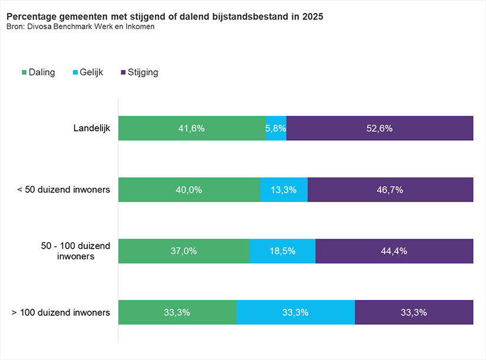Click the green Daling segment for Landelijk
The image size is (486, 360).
191,128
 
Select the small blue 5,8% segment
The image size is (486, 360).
276,128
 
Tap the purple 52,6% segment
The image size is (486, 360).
379,128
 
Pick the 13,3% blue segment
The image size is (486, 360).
283,190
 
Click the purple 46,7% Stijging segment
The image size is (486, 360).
390,190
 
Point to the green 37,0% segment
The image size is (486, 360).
184,251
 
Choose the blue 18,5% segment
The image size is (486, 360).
282,251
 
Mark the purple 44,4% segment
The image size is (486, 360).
394,251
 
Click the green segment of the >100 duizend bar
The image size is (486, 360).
177,312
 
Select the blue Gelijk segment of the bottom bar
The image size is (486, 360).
296,312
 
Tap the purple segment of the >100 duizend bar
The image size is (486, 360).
414,312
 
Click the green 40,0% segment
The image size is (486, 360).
189,190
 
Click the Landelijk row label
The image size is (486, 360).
91,128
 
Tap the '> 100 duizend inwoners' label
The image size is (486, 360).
61,312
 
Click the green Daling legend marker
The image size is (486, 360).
24,72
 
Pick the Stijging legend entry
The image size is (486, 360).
139,72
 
